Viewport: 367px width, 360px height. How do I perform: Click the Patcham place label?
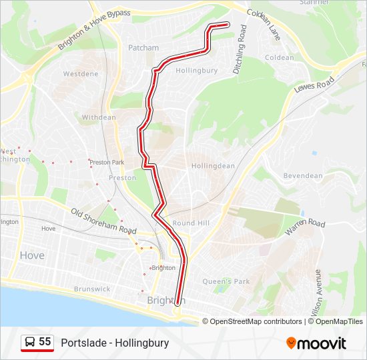(143, 48)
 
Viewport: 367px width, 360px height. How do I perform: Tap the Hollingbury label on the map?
(196, 70)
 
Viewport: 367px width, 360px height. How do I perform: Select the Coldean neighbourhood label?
(279, 58)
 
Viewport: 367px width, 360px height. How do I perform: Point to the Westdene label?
(81, 74)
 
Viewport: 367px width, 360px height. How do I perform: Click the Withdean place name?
(99, 117)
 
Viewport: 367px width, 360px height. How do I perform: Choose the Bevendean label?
(303, 176)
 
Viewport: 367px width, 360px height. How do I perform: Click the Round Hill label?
(192, 223)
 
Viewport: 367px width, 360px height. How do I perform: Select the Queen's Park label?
(226, 281)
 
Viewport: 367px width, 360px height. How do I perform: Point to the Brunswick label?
(92, 289)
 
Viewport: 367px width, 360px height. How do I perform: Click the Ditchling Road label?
(240, 49)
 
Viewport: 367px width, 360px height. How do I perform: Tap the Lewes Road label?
(314, 86)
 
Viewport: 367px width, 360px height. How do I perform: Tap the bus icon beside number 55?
(30, 343)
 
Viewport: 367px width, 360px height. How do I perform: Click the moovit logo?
(316, 343)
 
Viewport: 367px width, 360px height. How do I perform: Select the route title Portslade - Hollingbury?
(115, 343)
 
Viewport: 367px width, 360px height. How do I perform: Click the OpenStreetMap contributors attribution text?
(256, 321)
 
